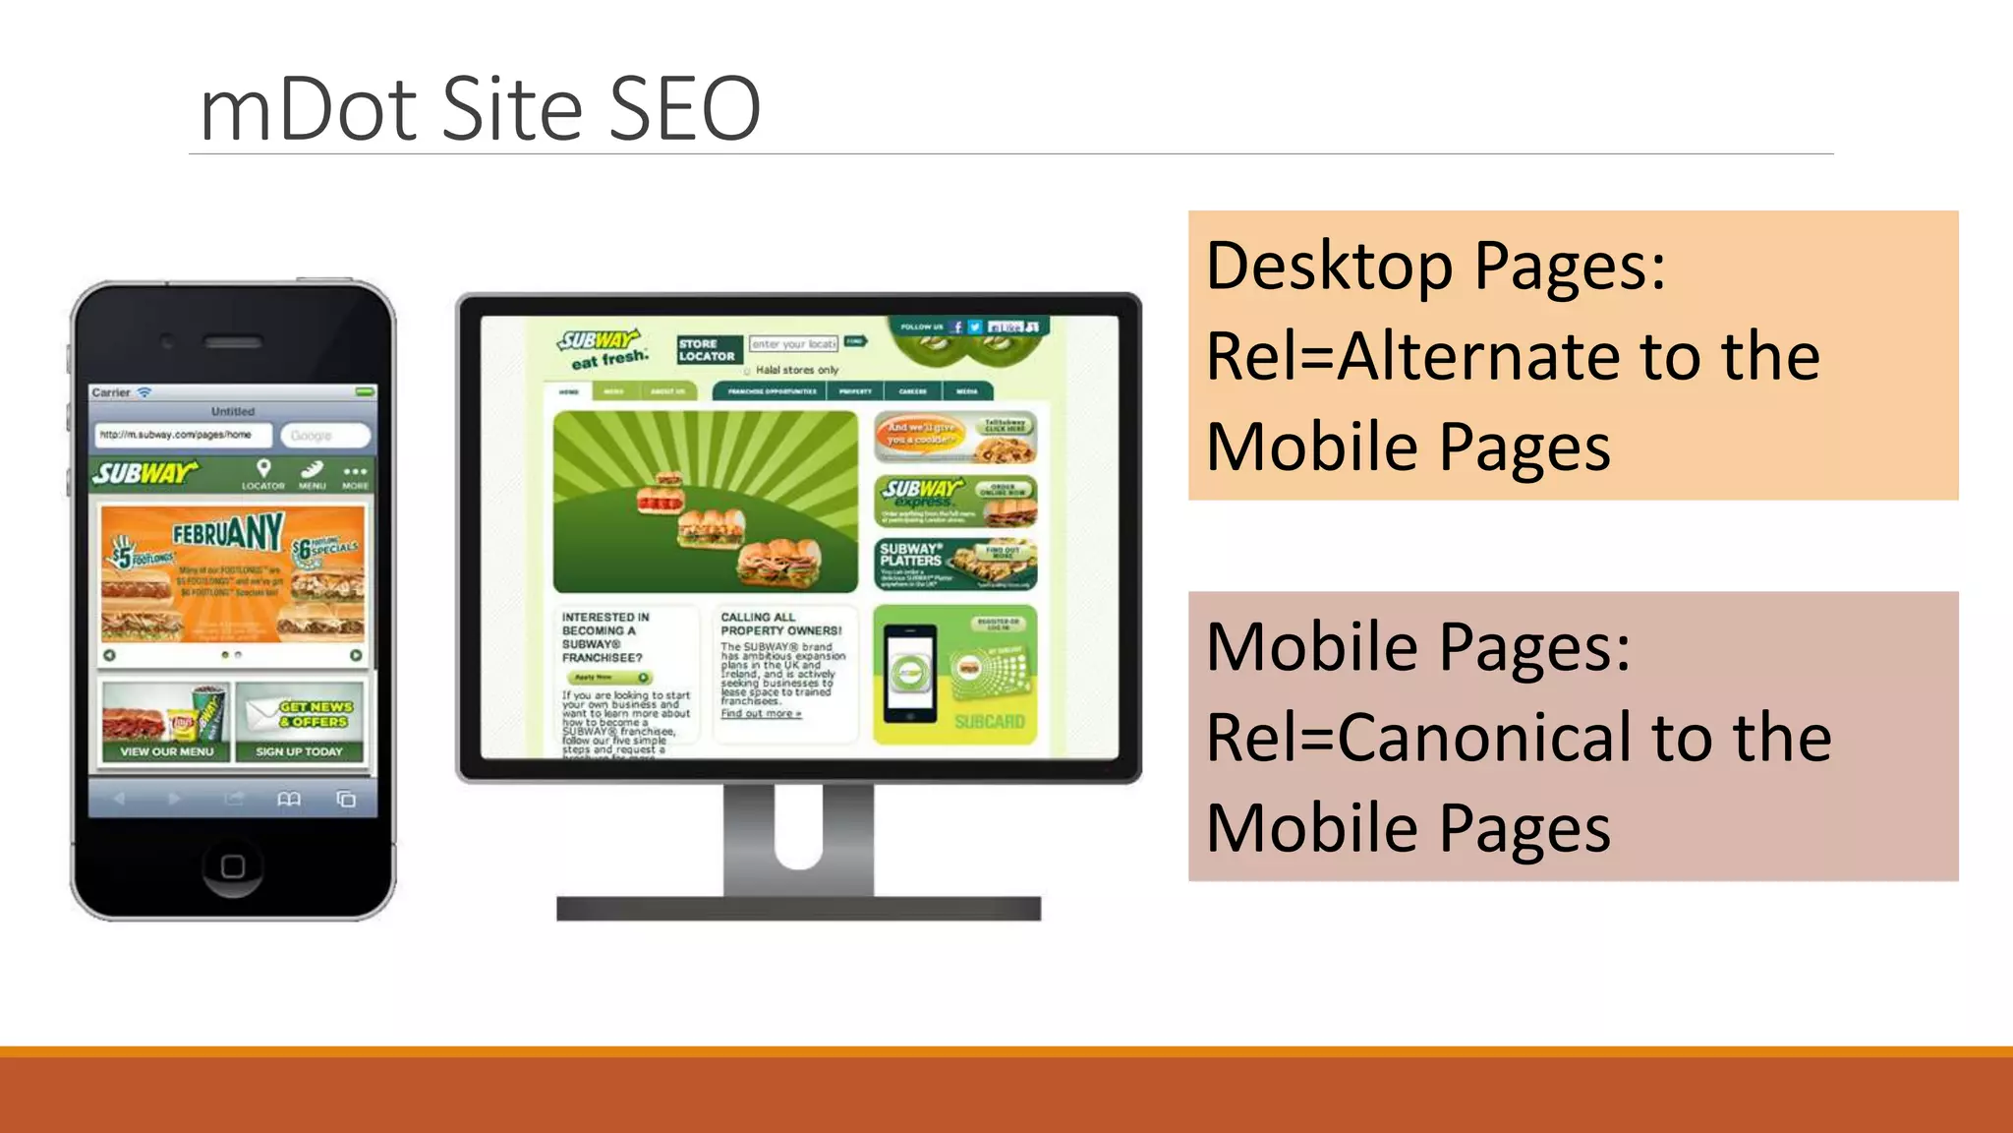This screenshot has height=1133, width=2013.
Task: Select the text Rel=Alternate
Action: pos(1415,356)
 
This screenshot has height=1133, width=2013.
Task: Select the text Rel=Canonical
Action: pos(1419,738)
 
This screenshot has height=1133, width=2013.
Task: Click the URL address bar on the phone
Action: pos(183,435)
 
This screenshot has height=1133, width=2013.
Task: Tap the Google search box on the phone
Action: pos(324,436)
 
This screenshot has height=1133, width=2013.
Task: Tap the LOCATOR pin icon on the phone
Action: pos(263,469)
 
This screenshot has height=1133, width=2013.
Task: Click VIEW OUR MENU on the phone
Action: pos(166,751)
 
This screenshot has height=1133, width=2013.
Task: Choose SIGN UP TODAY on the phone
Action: pos(299,751)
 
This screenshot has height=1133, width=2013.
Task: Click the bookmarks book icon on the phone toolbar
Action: pos(289,800)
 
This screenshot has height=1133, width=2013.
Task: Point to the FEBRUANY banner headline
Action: pos(228,534)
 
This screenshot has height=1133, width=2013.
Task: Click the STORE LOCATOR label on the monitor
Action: pos(707,350)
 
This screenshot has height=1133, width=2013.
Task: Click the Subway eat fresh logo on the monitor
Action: pos(602,348)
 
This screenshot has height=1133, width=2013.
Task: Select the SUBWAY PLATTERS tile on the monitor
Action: pos(954,564)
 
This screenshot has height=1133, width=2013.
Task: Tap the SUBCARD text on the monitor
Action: pos(989,722)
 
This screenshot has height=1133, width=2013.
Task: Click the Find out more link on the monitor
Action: pos(761,714)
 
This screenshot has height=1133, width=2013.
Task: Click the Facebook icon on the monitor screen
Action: pos(956,327)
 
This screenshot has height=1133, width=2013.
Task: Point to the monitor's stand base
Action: pos(798,908)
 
